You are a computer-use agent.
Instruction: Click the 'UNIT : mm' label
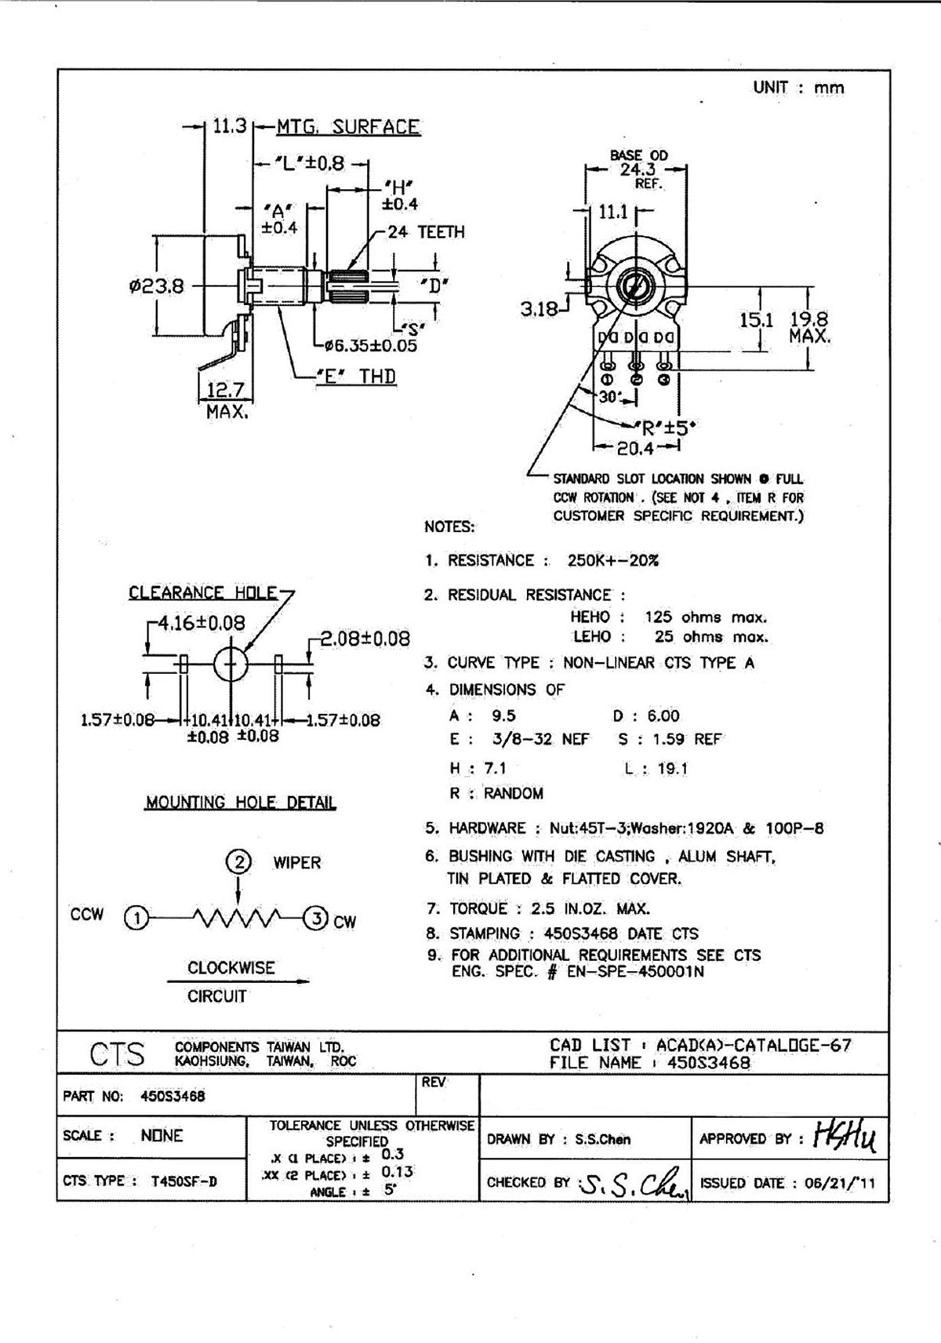[798, 87]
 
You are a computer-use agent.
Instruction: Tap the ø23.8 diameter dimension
[157, 287]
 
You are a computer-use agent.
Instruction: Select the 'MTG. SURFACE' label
[347, 127]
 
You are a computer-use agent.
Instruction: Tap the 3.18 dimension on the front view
[540, 309]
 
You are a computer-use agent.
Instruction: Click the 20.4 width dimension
[635, 449]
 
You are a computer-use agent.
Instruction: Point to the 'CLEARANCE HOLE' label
[203, 592]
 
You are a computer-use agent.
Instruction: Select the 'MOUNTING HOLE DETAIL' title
[241, 803]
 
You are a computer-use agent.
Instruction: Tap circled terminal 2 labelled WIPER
[238, 863]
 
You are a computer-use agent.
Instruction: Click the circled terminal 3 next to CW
[315, 919]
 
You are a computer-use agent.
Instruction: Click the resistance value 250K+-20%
[612, 561]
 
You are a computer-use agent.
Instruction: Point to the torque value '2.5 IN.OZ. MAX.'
[590, 909]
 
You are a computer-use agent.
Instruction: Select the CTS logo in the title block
[118, 1054]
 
